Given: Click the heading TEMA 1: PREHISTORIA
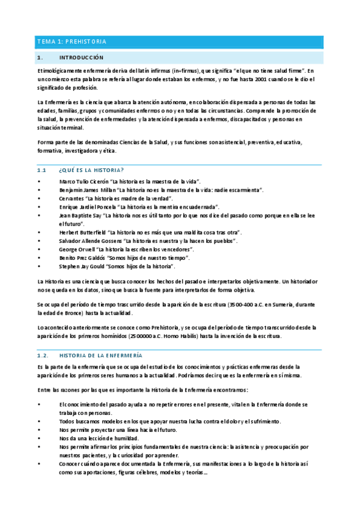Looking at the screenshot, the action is click(x=72, y=41).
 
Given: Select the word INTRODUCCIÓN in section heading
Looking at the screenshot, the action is click(x=81, y=58).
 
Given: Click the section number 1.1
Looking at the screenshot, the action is click(x=41, y=171).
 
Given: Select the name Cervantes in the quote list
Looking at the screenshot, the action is click(x=71, y=198).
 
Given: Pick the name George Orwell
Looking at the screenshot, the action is click(x=76, y=248).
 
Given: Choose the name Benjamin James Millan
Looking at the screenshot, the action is click(x=84, y=189).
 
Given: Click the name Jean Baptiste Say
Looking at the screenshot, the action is click(x=79, y=215).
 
